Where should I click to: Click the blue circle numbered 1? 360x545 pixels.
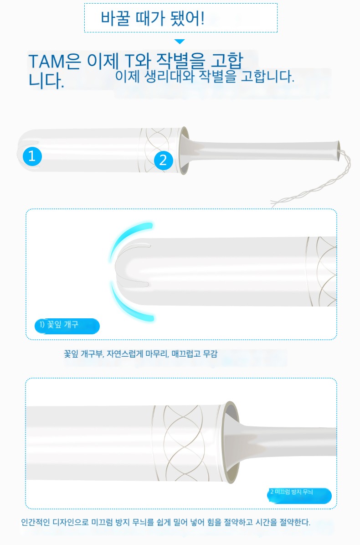pyautogui.click(x=32, y=156)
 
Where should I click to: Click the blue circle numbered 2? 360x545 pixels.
pyautogui.click(x=163, y=160)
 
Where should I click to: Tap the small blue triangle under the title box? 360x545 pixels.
pyautogui.click(x=180, y=42)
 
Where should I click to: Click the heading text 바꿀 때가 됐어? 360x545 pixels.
pyautogui.click(x=152, y=18)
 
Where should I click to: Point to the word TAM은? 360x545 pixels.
pyautogui.click(x=54, y=61)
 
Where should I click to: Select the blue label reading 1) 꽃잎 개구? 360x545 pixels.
pyautogui.click(x=67, y=326)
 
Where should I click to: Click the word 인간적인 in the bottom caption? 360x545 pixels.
pyautogui.click(x=36, y=522)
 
